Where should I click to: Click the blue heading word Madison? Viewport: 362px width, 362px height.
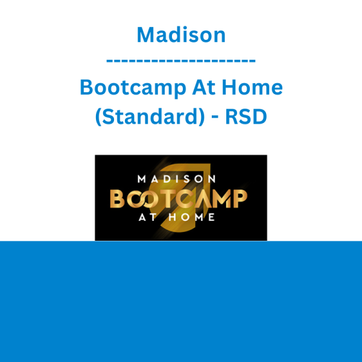181,35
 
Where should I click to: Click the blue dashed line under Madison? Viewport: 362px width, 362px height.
181,61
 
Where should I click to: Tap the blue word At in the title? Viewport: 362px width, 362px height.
204,87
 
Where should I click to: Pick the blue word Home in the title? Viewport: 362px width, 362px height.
252,87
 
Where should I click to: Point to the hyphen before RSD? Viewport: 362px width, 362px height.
215,117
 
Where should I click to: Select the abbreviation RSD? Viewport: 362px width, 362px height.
246,116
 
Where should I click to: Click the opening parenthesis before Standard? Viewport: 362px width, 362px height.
98,117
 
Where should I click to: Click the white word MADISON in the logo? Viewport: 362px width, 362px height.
176,179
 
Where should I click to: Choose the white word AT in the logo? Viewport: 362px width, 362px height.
148,217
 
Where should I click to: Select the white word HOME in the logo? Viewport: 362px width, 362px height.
192,217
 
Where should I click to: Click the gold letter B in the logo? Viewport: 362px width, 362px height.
117,198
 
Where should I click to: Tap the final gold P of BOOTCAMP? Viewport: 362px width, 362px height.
240,198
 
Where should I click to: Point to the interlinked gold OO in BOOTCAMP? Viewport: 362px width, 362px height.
143,198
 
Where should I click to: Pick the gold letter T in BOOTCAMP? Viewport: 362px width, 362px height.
168,198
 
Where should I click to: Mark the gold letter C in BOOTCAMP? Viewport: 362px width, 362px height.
185,198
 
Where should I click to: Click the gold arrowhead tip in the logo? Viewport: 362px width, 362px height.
209,165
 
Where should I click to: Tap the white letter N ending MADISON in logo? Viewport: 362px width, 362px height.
212,179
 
